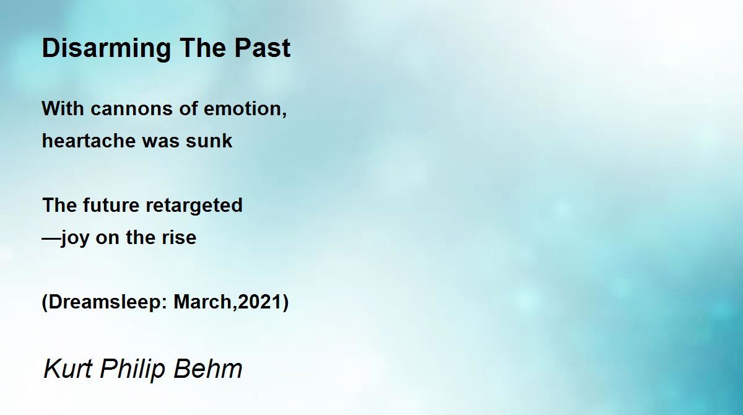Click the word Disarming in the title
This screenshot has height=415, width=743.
(x=106, y=49)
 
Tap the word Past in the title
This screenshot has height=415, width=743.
(x=263, y=48)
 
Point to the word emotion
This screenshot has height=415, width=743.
(x=243, y=108)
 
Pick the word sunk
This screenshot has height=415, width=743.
(x=209, y=141)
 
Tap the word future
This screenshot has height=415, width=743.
(x=111, y=205)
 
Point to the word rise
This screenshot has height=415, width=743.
(x=179, y=237)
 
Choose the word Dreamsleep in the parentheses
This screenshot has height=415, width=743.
(x=105, y=302)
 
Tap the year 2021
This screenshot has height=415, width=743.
(x=259, y=302)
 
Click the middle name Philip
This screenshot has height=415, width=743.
(x=133, y=369)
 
